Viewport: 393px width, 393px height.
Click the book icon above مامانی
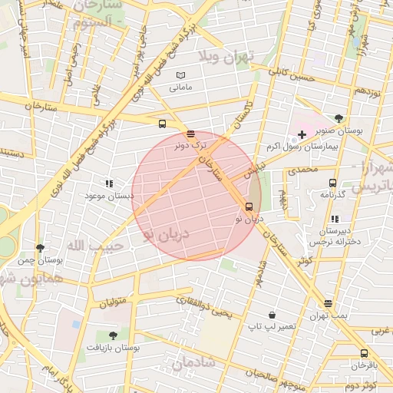(181, 75)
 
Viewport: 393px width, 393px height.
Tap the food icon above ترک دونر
(190, 134)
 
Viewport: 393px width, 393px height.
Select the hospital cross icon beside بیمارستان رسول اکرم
(302, 134)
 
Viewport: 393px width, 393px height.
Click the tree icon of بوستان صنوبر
(339, 118)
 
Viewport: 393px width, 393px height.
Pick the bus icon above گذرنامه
(332, 183)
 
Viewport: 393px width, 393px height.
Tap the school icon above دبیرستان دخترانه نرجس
(334, 220)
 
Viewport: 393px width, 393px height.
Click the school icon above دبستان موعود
(109, 184)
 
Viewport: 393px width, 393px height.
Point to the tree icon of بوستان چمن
(40, 248)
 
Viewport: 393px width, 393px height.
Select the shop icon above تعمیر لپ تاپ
(272, 315)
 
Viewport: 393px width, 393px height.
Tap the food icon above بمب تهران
(329, 303)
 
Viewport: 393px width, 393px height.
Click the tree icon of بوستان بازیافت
(114, 335)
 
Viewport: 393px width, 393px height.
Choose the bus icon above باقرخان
(364, 354)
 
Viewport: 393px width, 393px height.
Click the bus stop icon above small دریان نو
(249, 206)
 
